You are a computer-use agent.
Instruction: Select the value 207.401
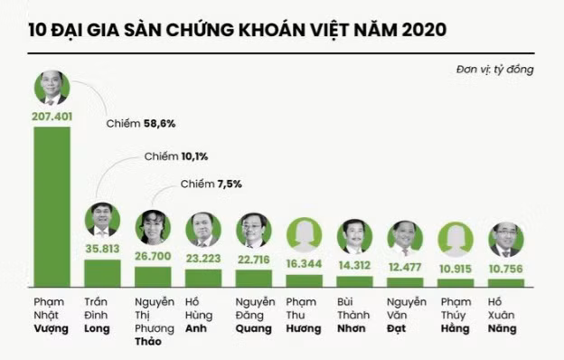point(52,117)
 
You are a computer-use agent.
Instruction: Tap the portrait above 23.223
point(203,229)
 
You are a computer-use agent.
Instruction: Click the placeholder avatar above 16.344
point(305,234)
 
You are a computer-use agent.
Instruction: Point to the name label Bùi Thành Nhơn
point(354,314)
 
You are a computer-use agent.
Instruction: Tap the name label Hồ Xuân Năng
point(506,314)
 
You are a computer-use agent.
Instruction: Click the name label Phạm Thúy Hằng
point(456,314)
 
